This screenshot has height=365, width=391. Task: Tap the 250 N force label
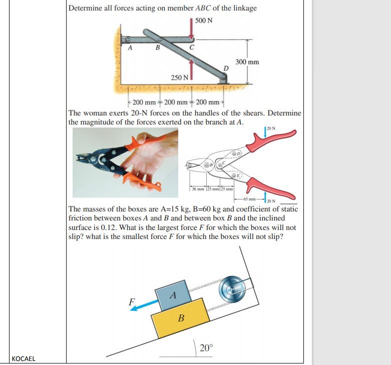click(x=179, y=78)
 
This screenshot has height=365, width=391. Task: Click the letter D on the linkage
click(x=226, y=67)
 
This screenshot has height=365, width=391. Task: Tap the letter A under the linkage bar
click(x=130, y=48)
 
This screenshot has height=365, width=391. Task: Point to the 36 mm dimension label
click(x=198, y=188)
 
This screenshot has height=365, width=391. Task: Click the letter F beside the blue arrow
click(x=132, y=301)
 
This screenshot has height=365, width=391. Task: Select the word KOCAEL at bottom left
click(x=24, y=358)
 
